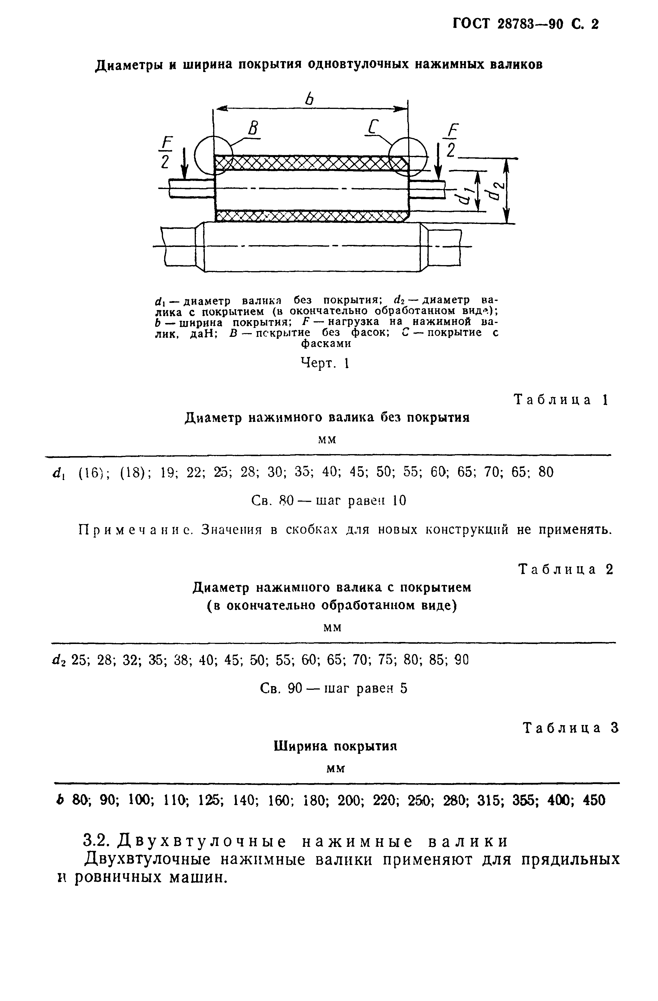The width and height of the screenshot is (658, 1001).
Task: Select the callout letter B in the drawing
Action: pyautogui.click(x=253, y=128)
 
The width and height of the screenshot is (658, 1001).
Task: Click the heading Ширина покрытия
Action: pyautogui.click(x=335, y=746)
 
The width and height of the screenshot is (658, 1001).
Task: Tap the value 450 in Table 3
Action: pyautogui.click(x=594, y=800)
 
